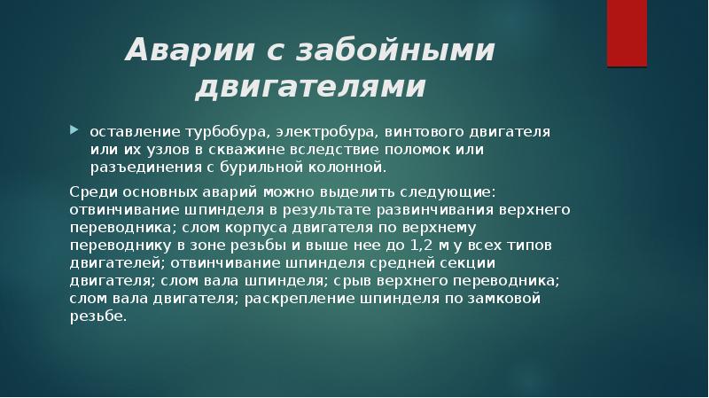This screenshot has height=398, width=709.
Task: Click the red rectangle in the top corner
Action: (627, 33)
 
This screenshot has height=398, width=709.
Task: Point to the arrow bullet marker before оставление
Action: (74, 130)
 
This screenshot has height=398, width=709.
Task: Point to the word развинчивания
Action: (453, 208)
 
